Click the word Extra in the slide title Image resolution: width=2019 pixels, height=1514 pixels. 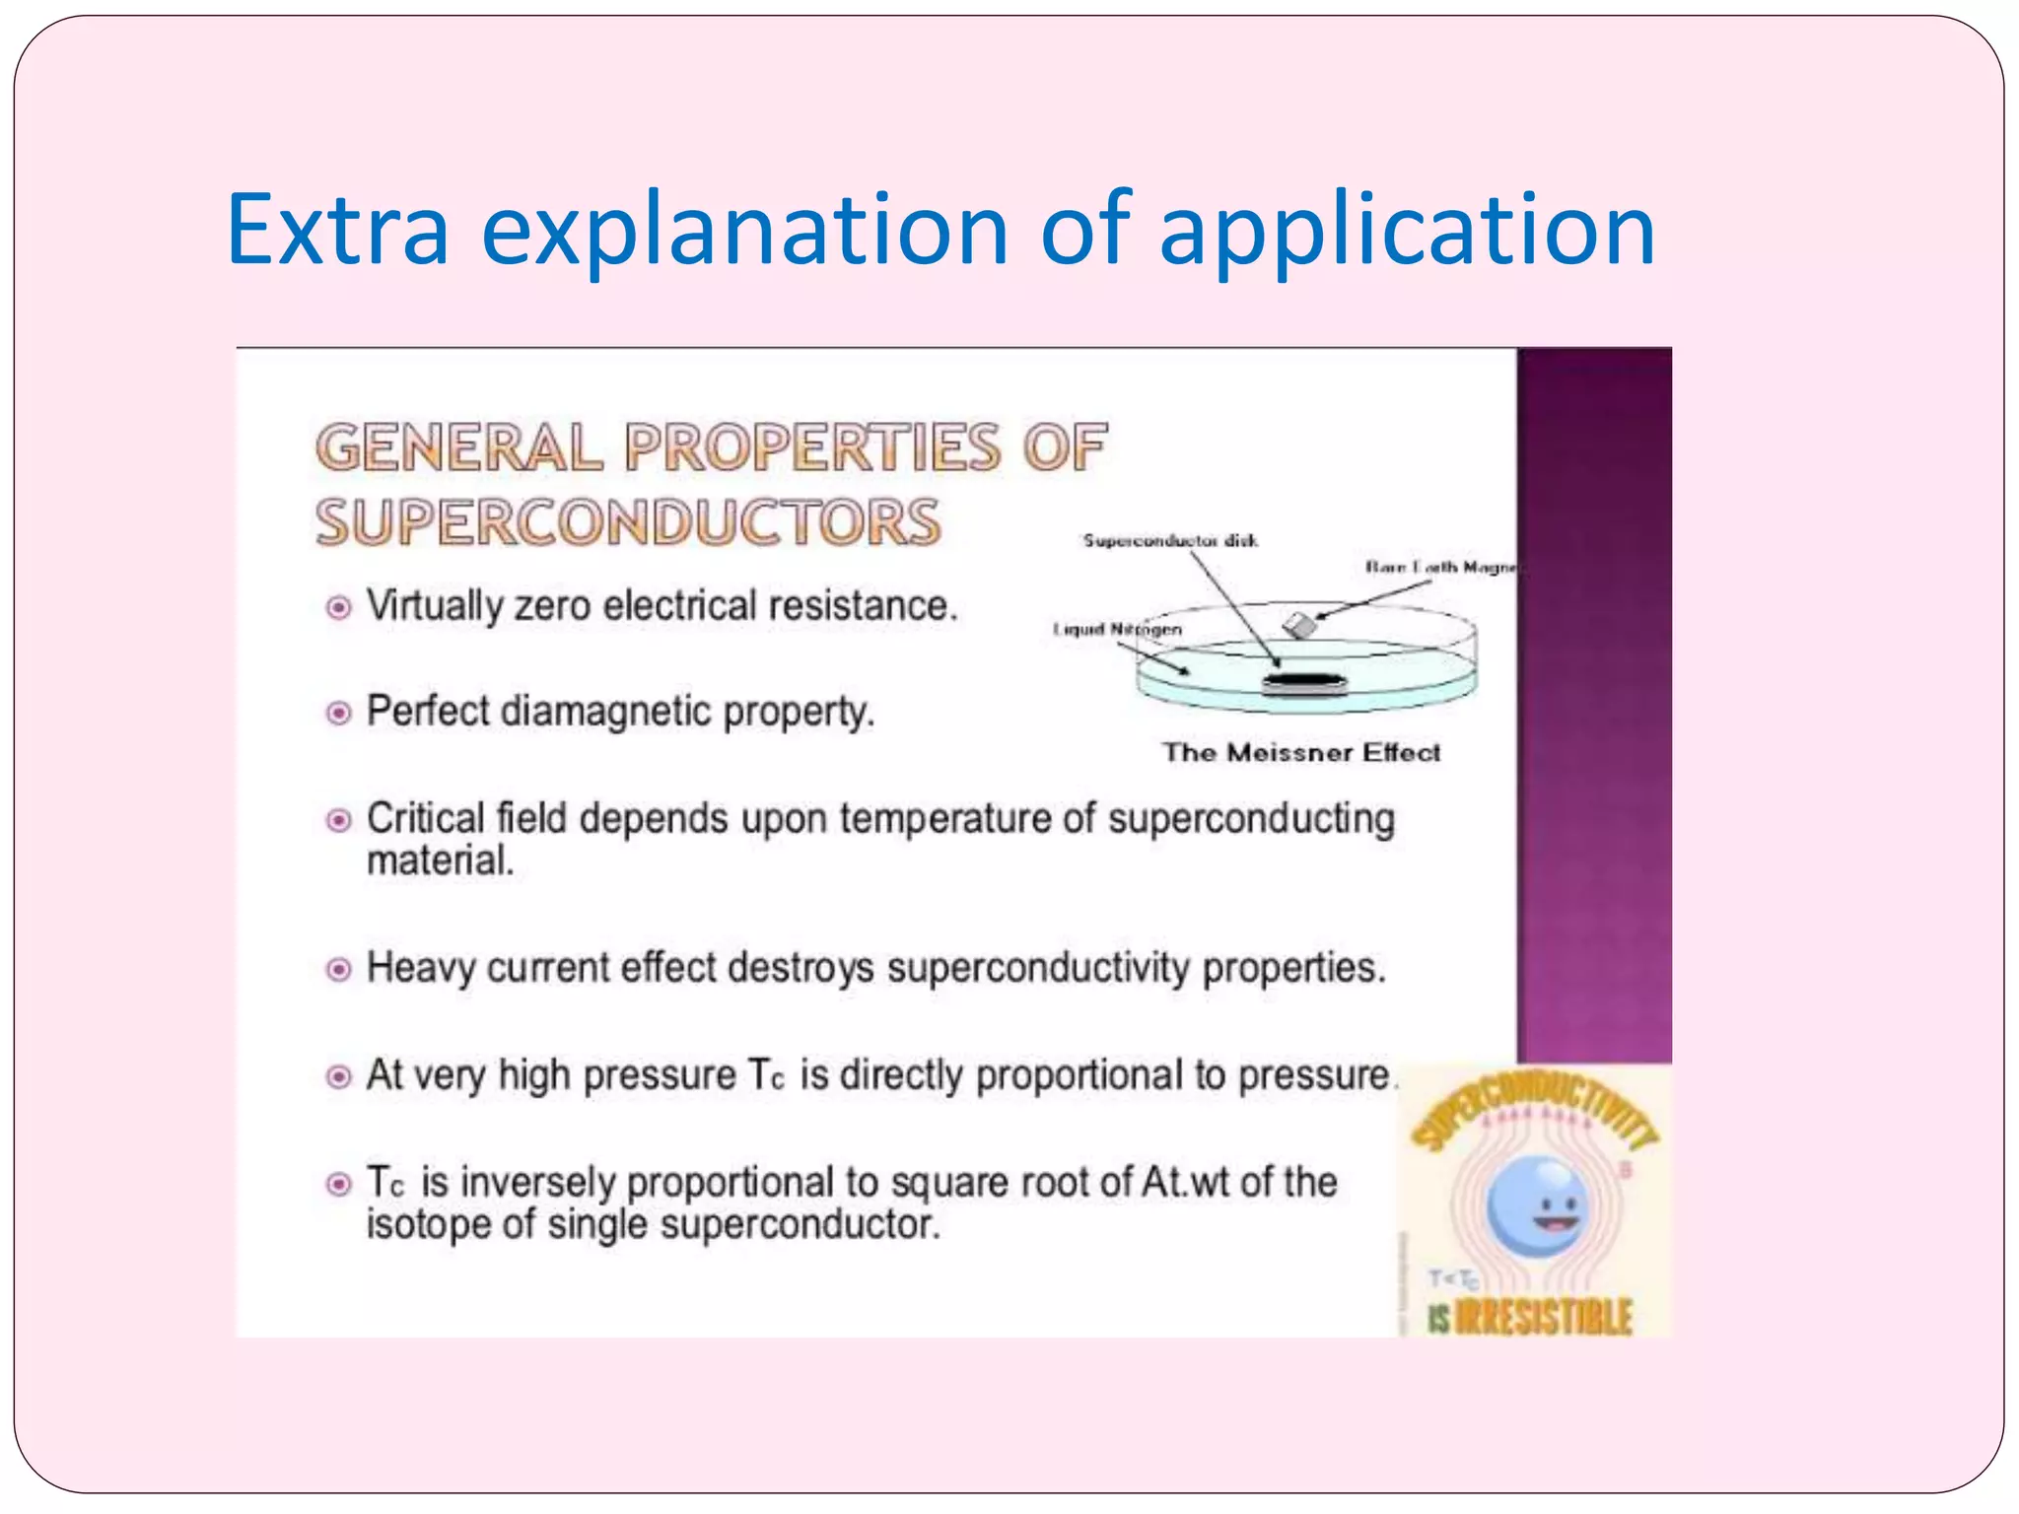(x=338, y=230)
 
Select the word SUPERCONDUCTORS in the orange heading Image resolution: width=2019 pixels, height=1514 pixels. (x=629, y=522)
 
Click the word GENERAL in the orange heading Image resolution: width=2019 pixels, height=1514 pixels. (x=458, y=447)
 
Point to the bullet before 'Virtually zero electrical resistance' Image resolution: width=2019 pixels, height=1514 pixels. (x=338, y=607)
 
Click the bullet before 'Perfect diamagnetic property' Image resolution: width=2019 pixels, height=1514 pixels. (x=338, y=712)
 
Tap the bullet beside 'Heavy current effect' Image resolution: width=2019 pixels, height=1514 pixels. (x=338, y=969)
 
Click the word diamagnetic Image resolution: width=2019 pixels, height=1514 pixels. (x=606, y=711)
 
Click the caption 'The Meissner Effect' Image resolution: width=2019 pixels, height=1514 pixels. (x=1301, y=753)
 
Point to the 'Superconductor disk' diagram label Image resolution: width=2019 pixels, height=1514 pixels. (x=1170, y=540)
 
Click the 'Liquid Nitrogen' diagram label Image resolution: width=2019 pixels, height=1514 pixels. (x=1117, y=629)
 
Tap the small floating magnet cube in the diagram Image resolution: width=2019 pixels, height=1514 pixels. (x=1299, y=625)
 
